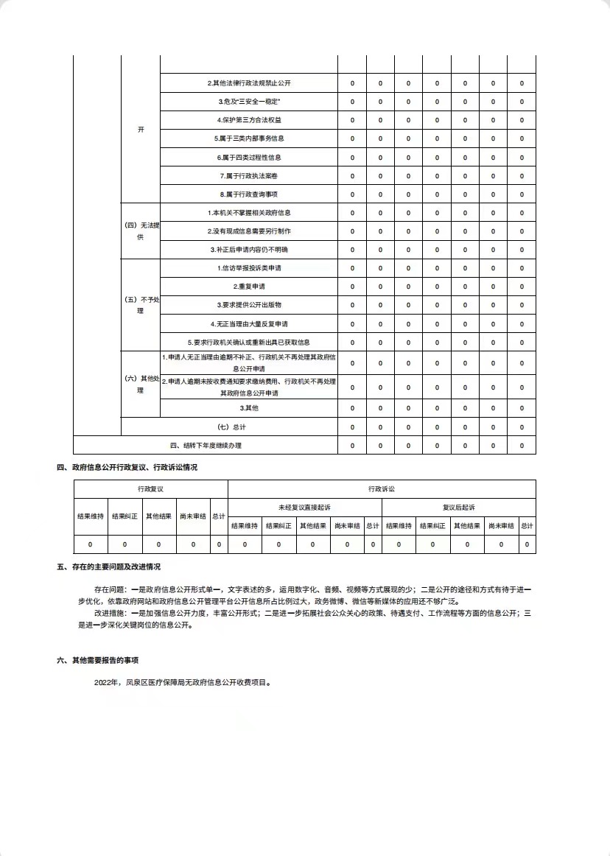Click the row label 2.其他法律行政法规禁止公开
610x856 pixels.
point(249,83)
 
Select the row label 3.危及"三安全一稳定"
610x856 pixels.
point(249,102)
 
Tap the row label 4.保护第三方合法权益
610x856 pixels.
point(249,120)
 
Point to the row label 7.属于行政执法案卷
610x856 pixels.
point(249,175)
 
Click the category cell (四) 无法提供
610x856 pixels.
point(140,231)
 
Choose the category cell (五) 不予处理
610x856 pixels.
point(140,305)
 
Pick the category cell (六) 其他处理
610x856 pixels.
point(140,384)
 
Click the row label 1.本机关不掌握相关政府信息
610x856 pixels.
point(249,213)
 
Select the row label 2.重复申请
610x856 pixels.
point(249,287)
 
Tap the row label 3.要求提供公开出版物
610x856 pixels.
point(249,305)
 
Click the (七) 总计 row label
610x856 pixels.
point(229,427)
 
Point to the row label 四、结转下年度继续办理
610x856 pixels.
point(206,445)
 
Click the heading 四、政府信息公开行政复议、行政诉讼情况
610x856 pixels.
point(127,467)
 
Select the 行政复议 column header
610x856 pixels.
point(150,488)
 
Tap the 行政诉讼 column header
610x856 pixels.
point(382,488)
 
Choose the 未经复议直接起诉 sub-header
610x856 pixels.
point(304,507)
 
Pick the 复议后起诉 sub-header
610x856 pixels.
point(458,507)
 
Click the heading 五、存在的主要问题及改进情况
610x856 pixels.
point(108,566)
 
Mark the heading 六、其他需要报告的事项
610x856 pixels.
point(97,660)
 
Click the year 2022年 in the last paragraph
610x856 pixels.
point(107,683)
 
